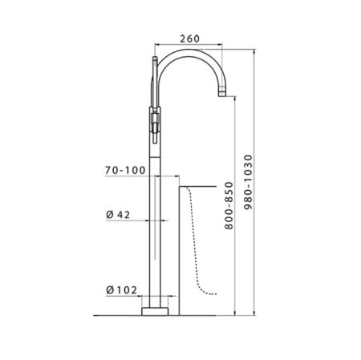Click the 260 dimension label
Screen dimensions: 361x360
click(x=189, y=38)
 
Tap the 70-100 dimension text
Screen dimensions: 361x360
click(x=125, y=170)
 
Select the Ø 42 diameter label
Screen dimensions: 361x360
click(x=118, y=215)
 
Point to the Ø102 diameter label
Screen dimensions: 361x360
click(x=122, y=290)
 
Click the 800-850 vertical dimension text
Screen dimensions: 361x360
click(x=229, y=205)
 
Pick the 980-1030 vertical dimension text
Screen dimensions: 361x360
click(x=248, y=182)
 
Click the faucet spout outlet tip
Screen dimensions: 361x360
click(x=222, y=94)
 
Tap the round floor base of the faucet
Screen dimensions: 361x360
click(x=155, y=312)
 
